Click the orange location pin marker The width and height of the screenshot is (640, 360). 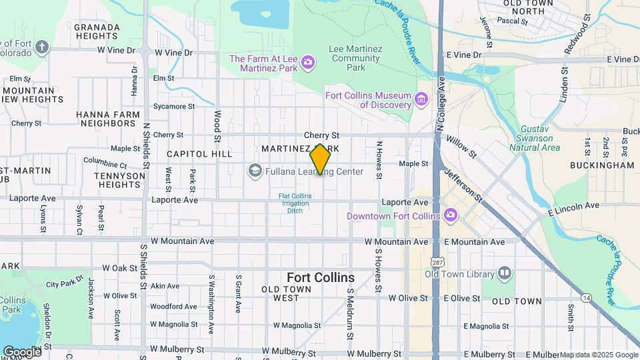coord(320,159)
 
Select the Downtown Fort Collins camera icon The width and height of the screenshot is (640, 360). coord(451,215)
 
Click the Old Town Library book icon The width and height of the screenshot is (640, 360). coord(505,273)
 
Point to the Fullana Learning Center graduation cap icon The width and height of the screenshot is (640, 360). coord(254,171)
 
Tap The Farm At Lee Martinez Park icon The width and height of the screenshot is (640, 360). coord(307,63)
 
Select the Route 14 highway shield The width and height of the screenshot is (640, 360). coord(586,296)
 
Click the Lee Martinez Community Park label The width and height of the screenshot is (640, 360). coord(356,58)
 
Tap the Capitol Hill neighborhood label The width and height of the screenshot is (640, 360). coord(190,154)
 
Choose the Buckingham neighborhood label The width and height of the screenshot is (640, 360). coord(602,165)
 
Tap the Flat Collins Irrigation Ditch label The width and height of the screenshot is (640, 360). coord(295,203)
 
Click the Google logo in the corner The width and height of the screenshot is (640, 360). coord(21,351)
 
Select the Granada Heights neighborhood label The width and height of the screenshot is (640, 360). coord(97,33)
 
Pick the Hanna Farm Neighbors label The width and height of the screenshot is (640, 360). coord(107,119)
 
